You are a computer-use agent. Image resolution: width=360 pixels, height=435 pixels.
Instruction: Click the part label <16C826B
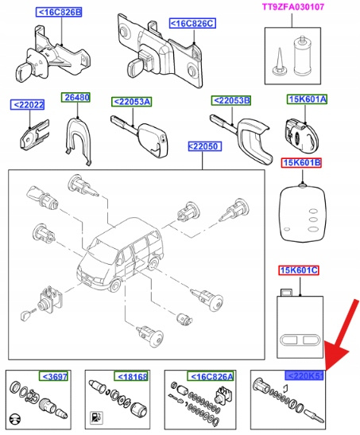tap(59, 12)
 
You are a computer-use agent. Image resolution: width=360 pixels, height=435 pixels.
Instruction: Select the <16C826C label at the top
tap(192, 23)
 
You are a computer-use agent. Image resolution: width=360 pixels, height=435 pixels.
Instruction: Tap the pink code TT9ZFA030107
tap(293, 6)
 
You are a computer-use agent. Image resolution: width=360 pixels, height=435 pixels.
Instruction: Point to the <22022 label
tap(27, 105)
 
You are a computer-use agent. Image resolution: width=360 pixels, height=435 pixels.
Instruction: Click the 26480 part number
tap(75, 97)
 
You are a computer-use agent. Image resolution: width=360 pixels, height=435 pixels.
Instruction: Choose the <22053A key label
tap(132, 102)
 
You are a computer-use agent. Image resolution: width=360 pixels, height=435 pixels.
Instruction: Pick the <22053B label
tap(230, 100)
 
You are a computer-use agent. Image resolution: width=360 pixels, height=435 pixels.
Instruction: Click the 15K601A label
tap(307, 99)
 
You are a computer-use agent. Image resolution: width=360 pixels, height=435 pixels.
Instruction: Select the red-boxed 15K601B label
tap(301, 162)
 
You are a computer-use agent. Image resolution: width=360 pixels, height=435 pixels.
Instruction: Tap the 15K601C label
tap(299, 270)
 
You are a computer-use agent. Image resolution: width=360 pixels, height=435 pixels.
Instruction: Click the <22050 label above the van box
tap(204, 146)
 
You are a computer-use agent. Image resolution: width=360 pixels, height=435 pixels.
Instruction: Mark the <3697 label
tap(53, 376)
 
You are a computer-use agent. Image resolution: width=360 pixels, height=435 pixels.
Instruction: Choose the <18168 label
tap(131, 376)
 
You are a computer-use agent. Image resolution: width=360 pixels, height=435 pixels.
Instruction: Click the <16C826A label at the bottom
tap(211, 376)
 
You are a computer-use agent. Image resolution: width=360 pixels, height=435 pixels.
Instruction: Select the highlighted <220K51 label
tap(304, 375)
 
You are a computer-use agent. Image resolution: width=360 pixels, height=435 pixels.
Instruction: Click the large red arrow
tap(342, 334)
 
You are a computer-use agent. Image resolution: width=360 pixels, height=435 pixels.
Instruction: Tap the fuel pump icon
tap(96, 418)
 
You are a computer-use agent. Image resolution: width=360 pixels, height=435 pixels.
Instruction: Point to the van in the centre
tap(120, 256)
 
